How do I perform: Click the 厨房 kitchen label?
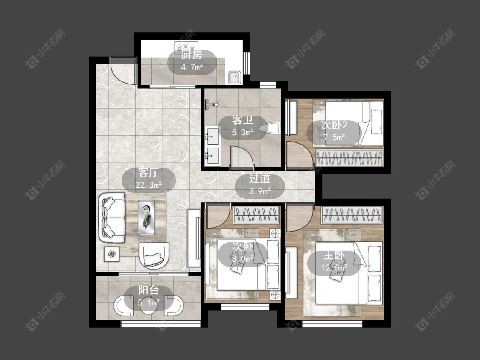[192, 55]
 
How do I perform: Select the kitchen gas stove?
[186, 47]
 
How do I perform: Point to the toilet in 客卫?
[269, 128]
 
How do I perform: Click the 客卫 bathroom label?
[242, 120]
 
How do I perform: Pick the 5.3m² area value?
[242, 133]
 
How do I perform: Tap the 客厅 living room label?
[148, 173]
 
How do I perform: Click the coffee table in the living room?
[146, 218]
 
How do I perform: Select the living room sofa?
[112, 218]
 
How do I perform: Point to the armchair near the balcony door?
[154, 255]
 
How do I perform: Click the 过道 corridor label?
[259, 178]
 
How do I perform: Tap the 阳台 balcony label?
[148, 290]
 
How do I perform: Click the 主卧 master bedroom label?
[334, 255]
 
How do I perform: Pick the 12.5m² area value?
[334, 268]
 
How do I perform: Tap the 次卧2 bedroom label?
[334, 125]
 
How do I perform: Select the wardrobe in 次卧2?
[349, 158]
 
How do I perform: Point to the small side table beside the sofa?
[111, 254]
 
